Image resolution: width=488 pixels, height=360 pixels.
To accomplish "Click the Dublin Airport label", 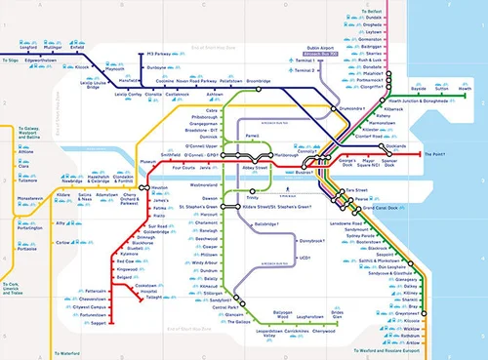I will click(320, 46).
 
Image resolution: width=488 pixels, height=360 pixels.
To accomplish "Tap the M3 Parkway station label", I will click(164, 54).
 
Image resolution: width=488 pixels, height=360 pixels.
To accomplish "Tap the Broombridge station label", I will click(259, 81).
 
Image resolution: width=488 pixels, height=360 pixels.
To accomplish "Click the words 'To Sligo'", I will click(11, 72).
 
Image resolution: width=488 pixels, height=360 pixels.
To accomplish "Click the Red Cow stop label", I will click(125, 261).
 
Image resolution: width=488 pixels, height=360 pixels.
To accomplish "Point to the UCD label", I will click(305, 259).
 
